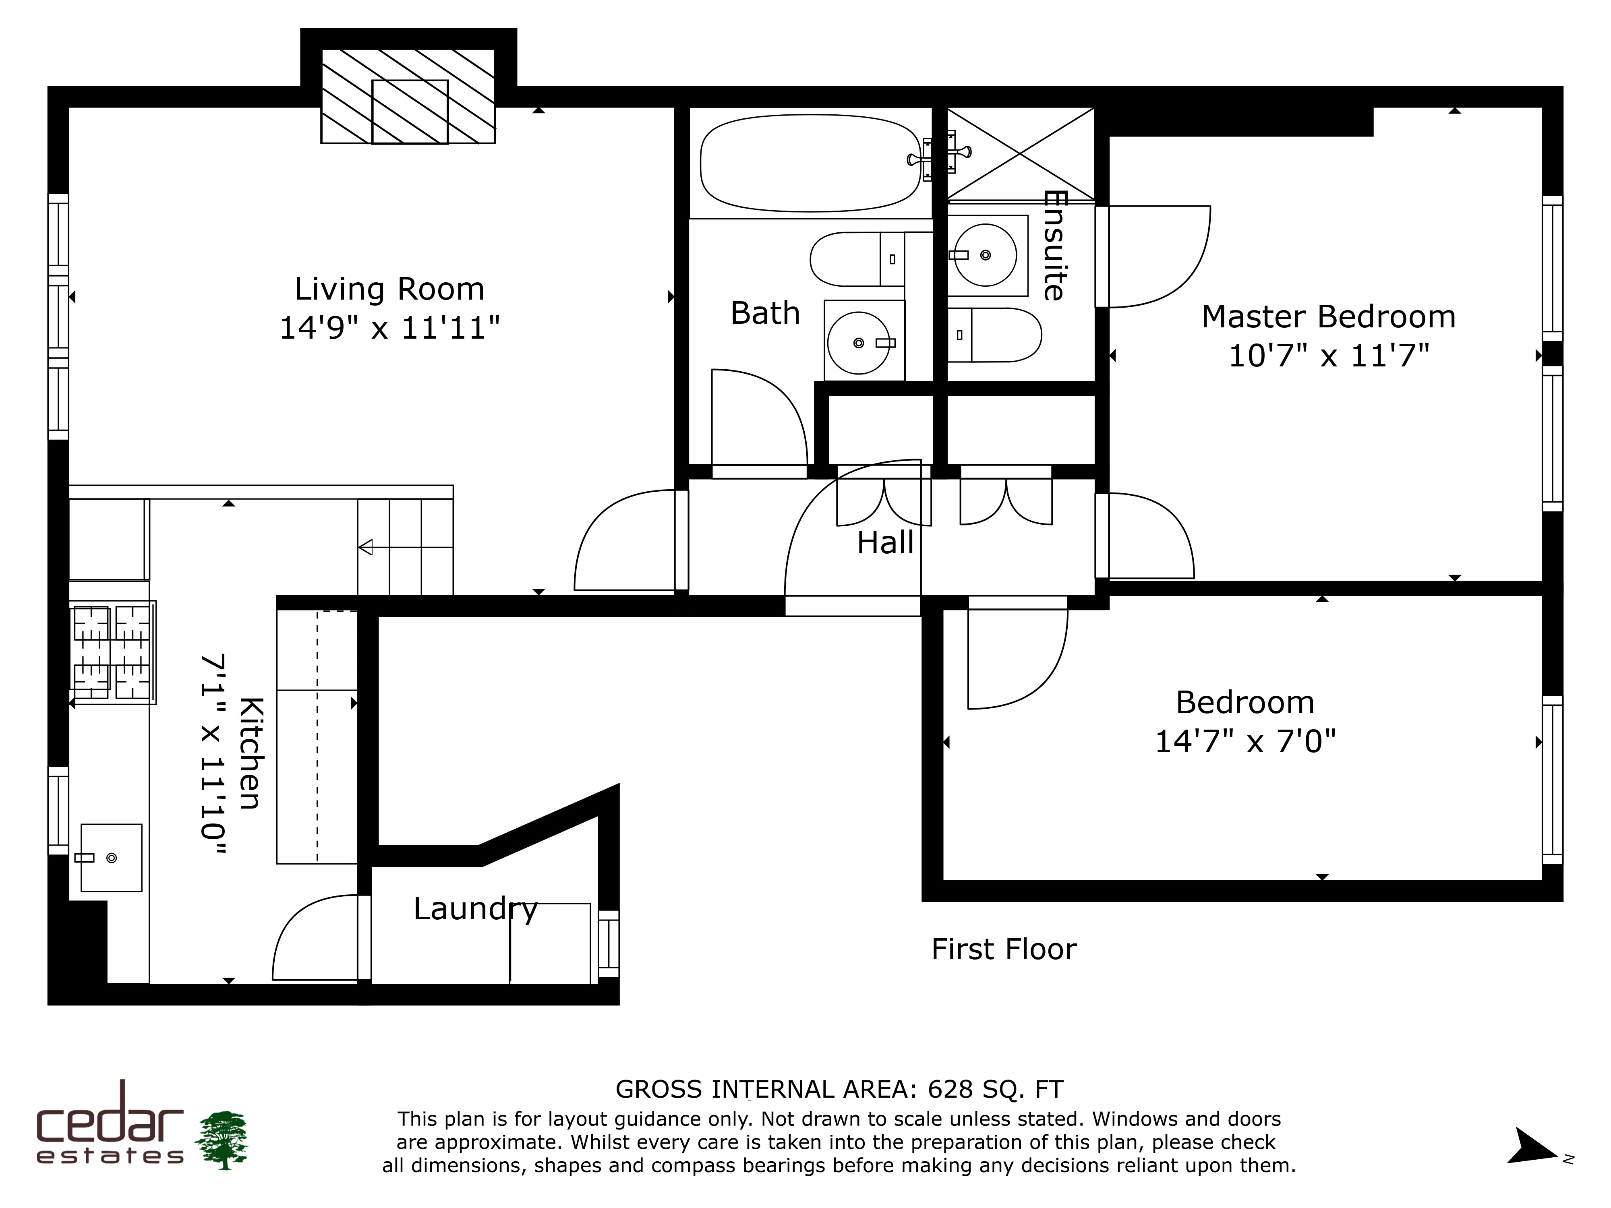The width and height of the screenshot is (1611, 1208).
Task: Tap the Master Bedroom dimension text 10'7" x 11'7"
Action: (1329, 356)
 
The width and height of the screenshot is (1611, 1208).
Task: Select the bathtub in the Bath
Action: (811, 163)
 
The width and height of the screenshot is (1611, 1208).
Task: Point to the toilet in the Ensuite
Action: (994, 335)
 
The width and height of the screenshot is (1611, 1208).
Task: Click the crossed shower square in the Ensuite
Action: (1020, 154)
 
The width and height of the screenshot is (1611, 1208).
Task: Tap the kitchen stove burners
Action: (112, 652)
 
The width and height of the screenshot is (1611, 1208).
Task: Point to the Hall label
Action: (885, 542)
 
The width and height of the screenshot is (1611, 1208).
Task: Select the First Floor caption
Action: (1004, 949)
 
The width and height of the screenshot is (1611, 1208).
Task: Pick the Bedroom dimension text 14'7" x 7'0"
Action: (1245, 742)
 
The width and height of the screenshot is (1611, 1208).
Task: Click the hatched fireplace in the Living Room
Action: (408, 96)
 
